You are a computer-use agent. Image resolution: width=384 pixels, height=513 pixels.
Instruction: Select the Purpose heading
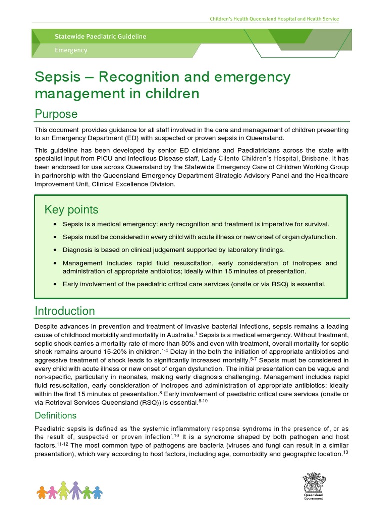click(56, 114)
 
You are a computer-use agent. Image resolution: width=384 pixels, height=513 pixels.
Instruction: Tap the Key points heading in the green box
click(71, 209)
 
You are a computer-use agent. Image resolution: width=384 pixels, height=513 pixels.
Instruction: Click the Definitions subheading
click(55, 415)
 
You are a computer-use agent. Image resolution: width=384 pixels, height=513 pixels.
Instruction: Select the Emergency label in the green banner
click(71, 50)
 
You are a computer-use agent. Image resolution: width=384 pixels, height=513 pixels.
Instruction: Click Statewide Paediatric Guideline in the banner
click(100, 37)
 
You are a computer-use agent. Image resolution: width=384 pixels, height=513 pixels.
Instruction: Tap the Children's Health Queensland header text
click(273, 19)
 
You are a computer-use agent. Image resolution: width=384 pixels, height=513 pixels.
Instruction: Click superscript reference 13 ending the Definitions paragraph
click(346, 452)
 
